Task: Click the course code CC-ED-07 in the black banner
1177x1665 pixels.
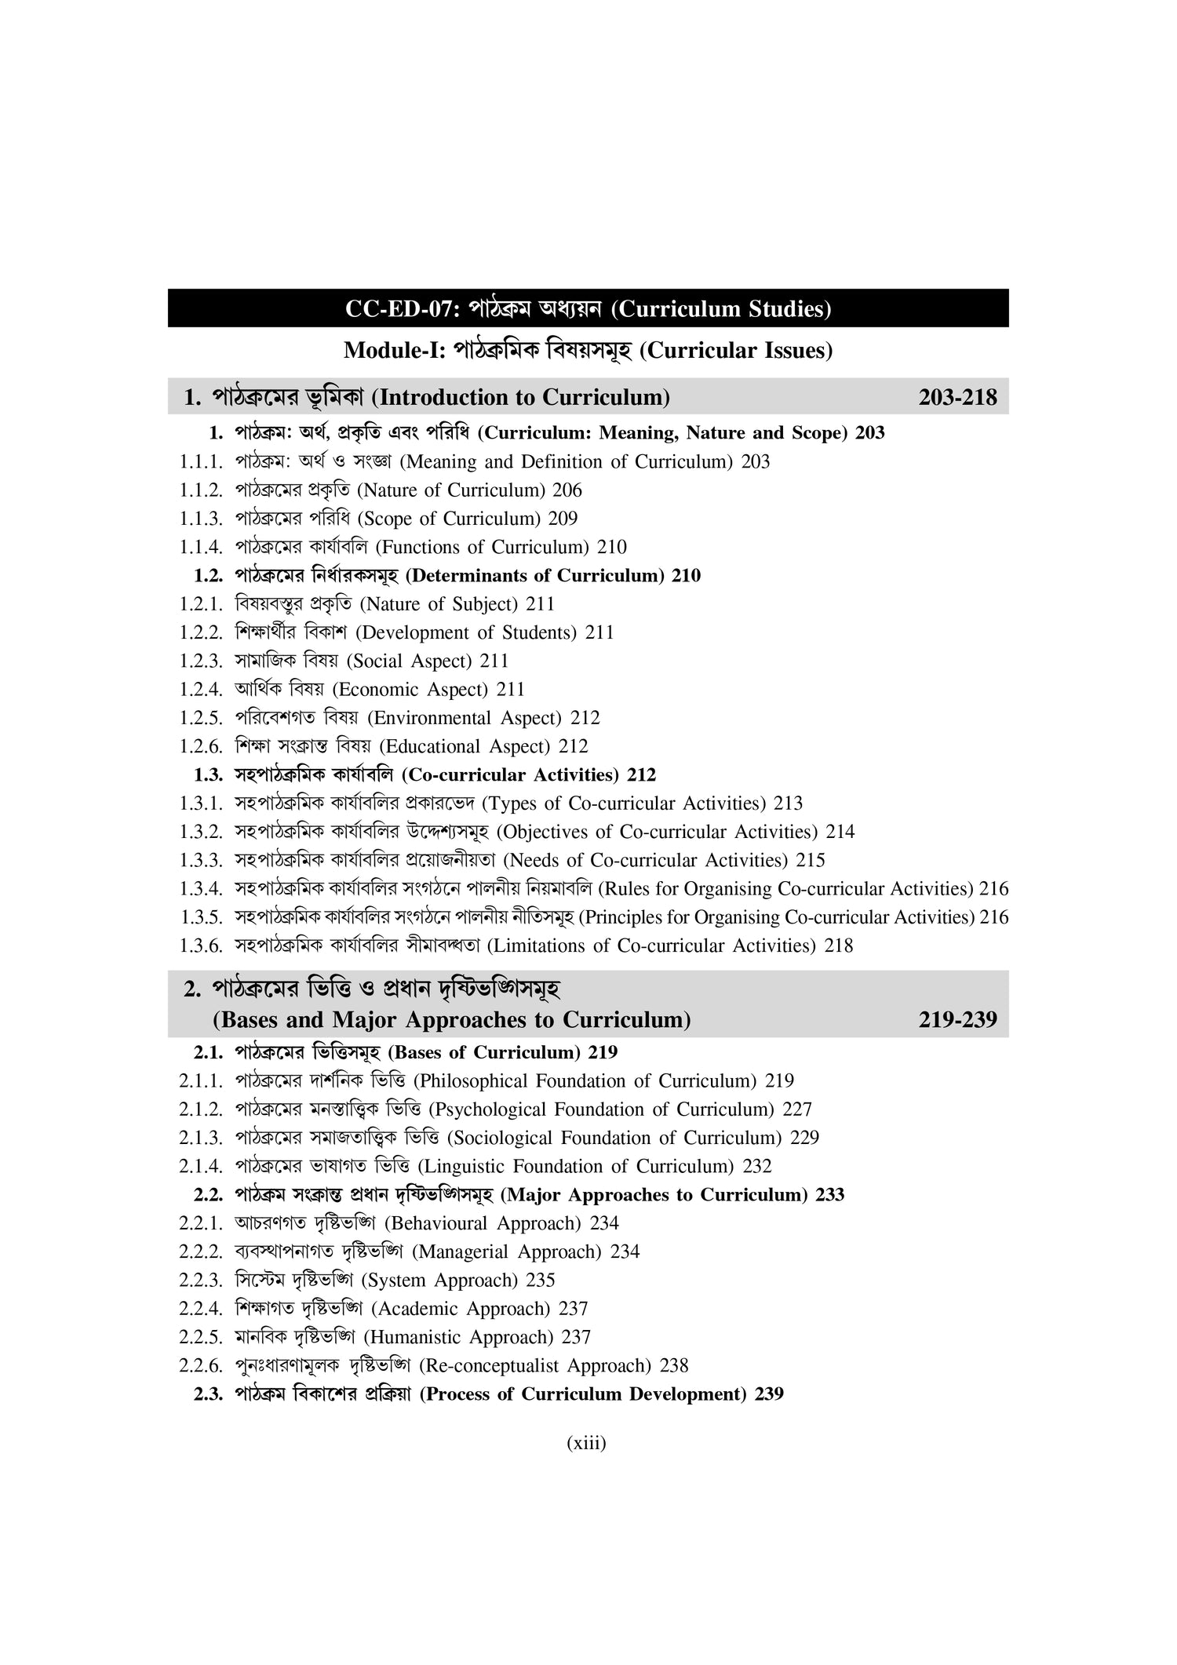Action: coord(399,309)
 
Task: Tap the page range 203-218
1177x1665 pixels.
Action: coord(957,398)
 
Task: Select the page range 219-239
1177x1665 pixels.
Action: coord(957,1019)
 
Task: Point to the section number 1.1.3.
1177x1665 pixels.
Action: coord(202,519)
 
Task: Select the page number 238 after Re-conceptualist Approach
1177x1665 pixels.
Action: coord(674,1366)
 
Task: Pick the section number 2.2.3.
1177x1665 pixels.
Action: coord(202,1281)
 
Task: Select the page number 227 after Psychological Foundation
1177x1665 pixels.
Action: coord(797,1109)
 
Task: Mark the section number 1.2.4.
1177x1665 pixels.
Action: coord(202,690)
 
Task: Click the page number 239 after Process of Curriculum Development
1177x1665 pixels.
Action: coord(769,1394)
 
